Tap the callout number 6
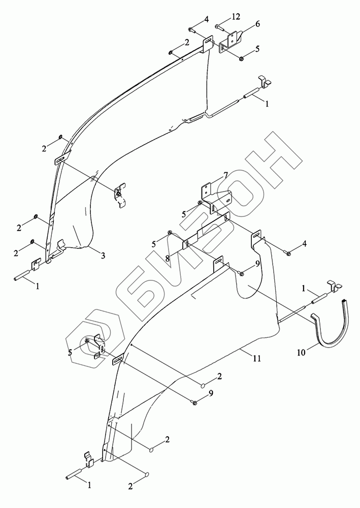[257, 24]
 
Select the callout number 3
[103, 256]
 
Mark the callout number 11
[257, 358]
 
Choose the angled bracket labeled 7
[212, 193]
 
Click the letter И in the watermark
[168, 269]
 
